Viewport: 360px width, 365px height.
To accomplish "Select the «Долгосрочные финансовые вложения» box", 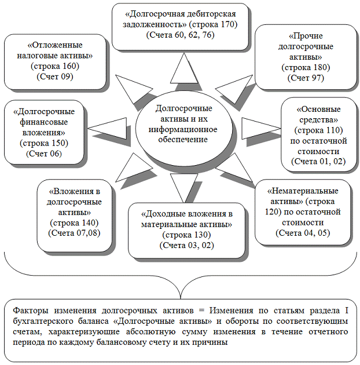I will [x=44, y=132].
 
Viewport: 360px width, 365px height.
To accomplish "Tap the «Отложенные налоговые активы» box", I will [x=54, y=61].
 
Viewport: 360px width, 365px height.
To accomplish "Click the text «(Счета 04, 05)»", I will [x=302, y=232].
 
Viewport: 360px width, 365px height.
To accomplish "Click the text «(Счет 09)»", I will [x=54, y=76].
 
